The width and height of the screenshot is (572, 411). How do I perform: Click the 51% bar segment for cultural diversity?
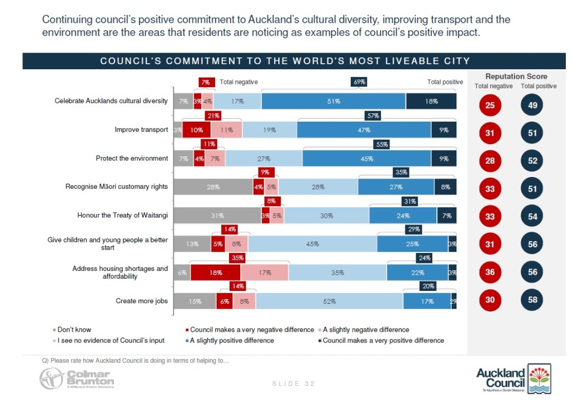(333, 102)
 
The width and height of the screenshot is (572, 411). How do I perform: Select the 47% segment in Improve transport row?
(364, 130)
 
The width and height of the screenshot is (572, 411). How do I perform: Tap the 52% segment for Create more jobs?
(329, 302)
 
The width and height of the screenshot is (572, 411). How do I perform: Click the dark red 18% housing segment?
(215, 273)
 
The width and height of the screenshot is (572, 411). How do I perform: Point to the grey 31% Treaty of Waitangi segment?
(217, 216)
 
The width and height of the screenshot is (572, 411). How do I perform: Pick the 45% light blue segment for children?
(312, 244)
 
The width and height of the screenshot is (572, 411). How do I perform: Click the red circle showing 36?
(489, 273)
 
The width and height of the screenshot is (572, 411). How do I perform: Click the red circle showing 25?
(489, 105)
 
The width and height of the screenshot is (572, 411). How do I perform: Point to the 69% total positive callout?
(359, 82)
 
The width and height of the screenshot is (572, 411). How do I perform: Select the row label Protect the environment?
(132, 159)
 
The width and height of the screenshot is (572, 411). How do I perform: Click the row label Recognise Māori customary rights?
(116, 187)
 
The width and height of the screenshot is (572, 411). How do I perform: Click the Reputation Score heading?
(516, 77)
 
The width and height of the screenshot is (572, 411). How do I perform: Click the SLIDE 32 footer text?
(293, 384)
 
